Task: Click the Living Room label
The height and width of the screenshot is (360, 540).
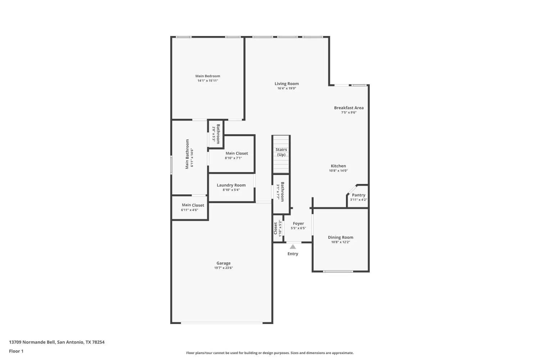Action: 287,84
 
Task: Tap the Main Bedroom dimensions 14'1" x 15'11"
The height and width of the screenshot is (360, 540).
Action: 208,81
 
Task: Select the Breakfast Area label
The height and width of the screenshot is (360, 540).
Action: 349,108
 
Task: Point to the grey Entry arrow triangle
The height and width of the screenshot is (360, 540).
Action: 293,247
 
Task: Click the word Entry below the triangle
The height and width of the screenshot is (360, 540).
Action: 293,254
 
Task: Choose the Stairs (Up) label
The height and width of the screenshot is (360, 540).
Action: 281,152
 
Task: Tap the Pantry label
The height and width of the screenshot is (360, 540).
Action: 359,195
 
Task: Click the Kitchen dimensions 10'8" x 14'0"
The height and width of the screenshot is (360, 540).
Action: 338,171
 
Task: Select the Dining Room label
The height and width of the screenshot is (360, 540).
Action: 341,237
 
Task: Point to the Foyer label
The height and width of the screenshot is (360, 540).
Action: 298,224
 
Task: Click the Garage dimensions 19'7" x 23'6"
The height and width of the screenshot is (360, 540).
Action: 224,267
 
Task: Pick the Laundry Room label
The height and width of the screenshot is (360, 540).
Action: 231,185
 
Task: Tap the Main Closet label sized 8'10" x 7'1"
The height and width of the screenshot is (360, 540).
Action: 237,153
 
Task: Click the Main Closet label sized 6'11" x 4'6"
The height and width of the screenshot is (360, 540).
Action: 193,205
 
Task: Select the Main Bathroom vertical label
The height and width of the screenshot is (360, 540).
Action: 187,154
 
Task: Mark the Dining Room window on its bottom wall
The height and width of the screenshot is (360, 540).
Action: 338,271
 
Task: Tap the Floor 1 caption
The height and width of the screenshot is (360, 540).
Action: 16,351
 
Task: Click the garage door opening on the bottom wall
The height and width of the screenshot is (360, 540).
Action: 221,323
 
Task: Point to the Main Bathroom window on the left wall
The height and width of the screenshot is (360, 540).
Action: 171,165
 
